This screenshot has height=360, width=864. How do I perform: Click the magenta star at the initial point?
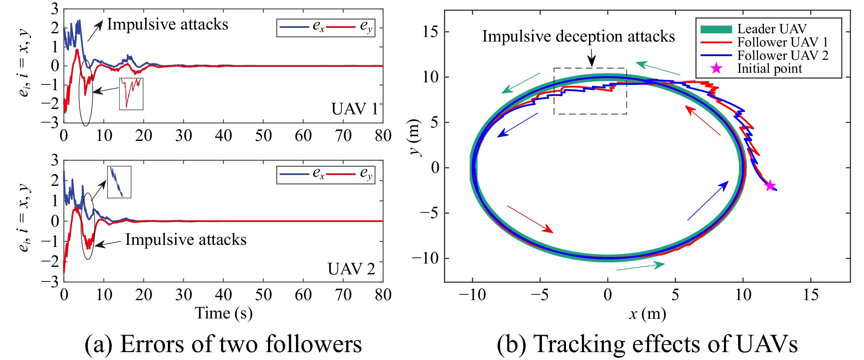point(770,185)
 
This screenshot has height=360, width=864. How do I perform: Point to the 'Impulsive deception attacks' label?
point(578,37)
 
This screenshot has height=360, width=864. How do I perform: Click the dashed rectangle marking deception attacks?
point(590,91)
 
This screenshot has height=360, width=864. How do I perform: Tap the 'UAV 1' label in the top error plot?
point(354,109)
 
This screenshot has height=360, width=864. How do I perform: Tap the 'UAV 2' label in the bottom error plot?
point(351,269)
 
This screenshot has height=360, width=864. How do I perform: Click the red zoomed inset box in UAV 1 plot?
point(131,94)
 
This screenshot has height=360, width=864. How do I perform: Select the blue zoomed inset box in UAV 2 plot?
point(119,182)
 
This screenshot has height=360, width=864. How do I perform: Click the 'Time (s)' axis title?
point(224,313)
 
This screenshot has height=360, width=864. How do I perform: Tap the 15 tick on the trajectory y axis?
point(430,32)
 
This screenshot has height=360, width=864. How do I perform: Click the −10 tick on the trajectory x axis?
point(472,295)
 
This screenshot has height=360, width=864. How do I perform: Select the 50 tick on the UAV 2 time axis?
point(263,295)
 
